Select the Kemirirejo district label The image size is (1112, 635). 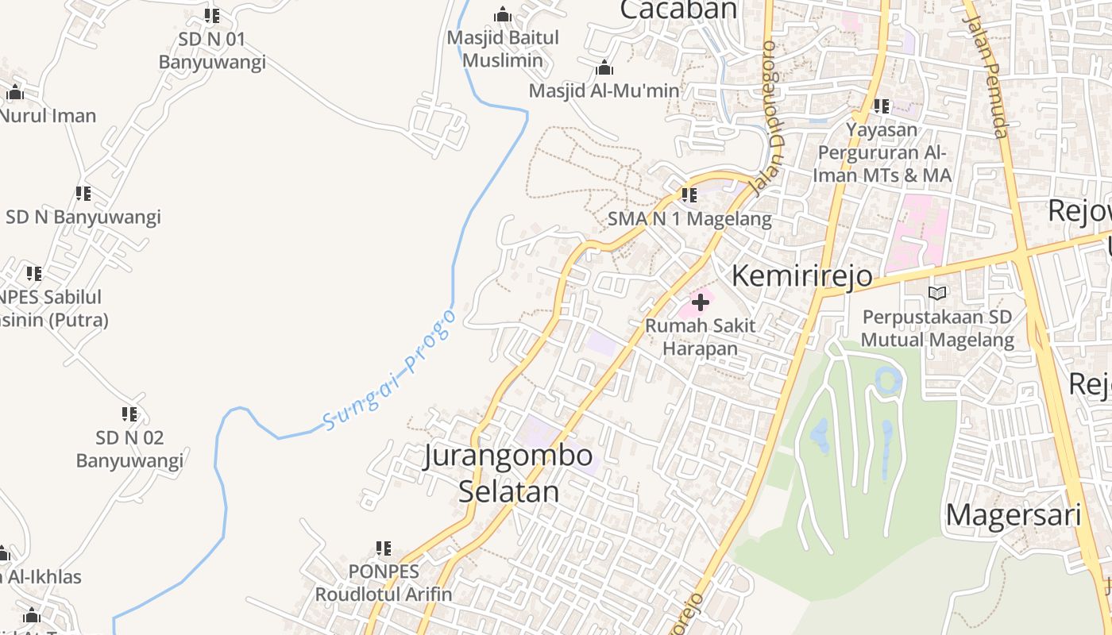(x=801, y=276)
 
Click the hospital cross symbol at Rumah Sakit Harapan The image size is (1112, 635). (x=701, y=302)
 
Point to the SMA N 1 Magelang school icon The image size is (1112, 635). (x=689, y=194)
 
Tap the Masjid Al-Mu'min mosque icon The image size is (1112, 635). (x=604, y=68)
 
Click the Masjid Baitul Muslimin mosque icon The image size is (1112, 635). (x=502, y=15)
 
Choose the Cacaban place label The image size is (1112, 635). (x=678, y=10)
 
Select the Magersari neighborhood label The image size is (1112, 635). (x=1013, y=515)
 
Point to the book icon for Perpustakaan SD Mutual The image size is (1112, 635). (x=937, y=294)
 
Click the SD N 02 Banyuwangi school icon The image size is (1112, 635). (x=129, y=414)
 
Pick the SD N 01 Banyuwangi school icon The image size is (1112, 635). (x=212, y=16)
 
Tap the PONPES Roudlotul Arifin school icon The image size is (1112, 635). (x=384, y=548)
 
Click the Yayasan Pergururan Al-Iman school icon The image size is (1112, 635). (x=881, y=106)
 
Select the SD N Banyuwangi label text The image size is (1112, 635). (x=83, y=217)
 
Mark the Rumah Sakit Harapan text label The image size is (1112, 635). (x=700, y=337)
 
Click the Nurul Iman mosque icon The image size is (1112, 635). (x=15, y=94)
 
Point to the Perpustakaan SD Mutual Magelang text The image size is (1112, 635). (x=937, y=329)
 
